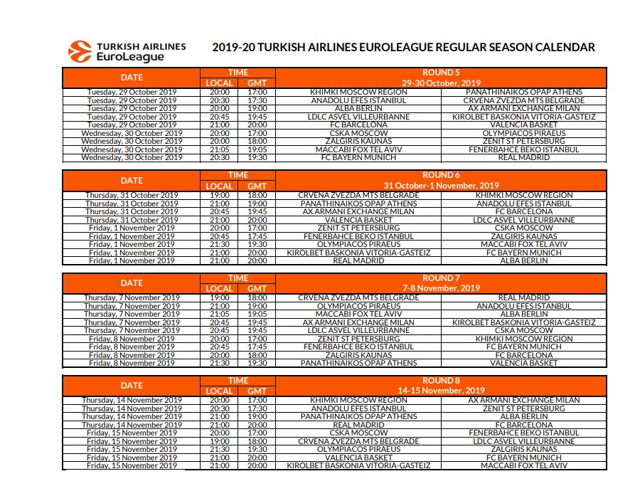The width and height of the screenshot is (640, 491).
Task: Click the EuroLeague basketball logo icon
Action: (80, 52)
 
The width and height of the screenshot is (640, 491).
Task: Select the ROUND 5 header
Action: (441, 73)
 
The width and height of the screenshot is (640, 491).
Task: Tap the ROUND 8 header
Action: (441, 381)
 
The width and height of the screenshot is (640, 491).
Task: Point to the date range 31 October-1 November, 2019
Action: (441, 186)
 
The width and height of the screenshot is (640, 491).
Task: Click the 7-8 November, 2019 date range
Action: (441, 288)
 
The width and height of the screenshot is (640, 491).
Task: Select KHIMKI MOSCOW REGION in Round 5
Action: (348, 92)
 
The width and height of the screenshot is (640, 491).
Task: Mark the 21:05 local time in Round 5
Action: (220, 149)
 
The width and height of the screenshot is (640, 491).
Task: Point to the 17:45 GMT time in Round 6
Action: (257, 236)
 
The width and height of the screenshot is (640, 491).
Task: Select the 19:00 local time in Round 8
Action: (220, 441)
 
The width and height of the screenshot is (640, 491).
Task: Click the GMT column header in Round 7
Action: (257, 289)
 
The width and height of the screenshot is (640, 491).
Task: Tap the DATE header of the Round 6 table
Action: (132, 181)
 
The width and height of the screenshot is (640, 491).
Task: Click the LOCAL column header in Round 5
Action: (220, 83)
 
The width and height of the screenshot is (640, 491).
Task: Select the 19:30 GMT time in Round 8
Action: (257, 450)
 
